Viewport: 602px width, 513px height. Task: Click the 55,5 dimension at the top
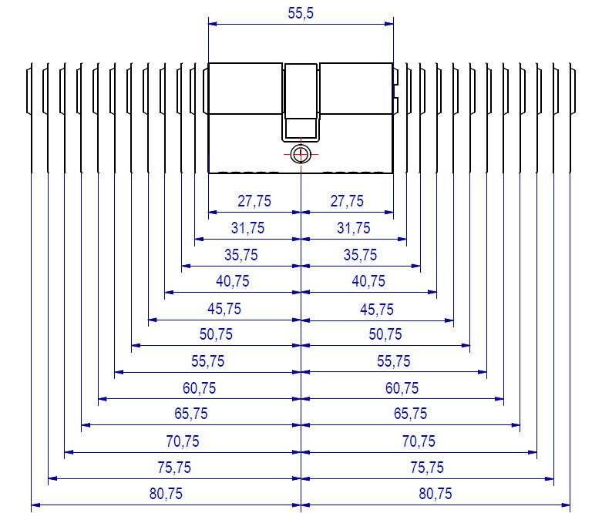coord(301,13)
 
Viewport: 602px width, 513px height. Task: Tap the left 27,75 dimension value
coord(254,201)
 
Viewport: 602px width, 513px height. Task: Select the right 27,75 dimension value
coord(347,201)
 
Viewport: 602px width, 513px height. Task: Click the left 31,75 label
coord(247,228)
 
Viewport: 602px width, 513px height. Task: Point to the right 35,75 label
coord(360,255)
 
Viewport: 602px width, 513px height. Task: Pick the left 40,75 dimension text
coord(233,281)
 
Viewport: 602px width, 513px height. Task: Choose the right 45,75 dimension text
coord(377,309)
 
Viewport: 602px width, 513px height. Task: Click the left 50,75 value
coord(216,334)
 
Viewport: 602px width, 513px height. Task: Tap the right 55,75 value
coord(394,361)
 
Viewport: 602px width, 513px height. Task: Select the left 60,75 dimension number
coord(200,388)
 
